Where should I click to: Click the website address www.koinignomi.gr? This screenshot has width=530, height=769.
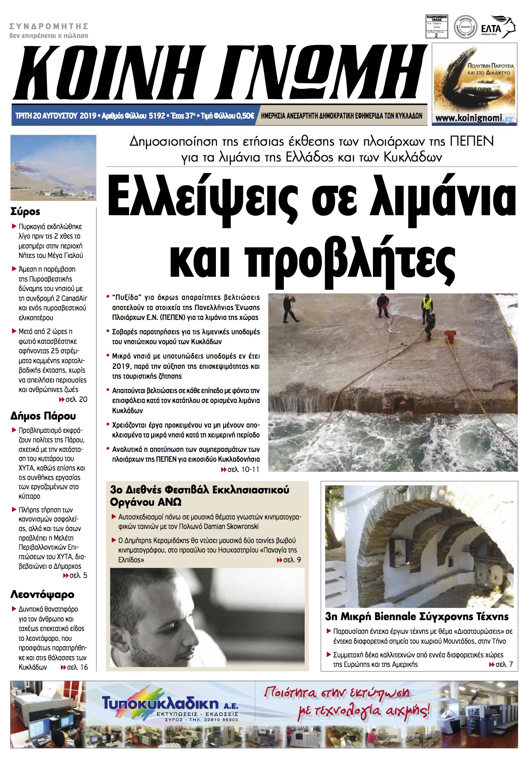(x=474, y=118)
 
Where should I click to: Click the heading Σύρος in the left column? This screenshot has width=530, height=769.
(x=25, y=212)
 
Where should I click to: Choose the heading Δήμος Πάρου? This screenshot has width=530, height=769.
(x=43, y=416)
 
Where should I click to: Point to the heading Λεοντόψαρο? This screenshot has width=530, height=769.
(x=42, y=595)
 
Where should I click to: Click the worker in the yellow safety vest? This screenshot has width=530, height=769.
(x=427, y=305)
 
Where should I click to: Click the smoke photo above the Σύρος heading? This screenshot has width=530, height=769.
(x=53, y=168)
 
